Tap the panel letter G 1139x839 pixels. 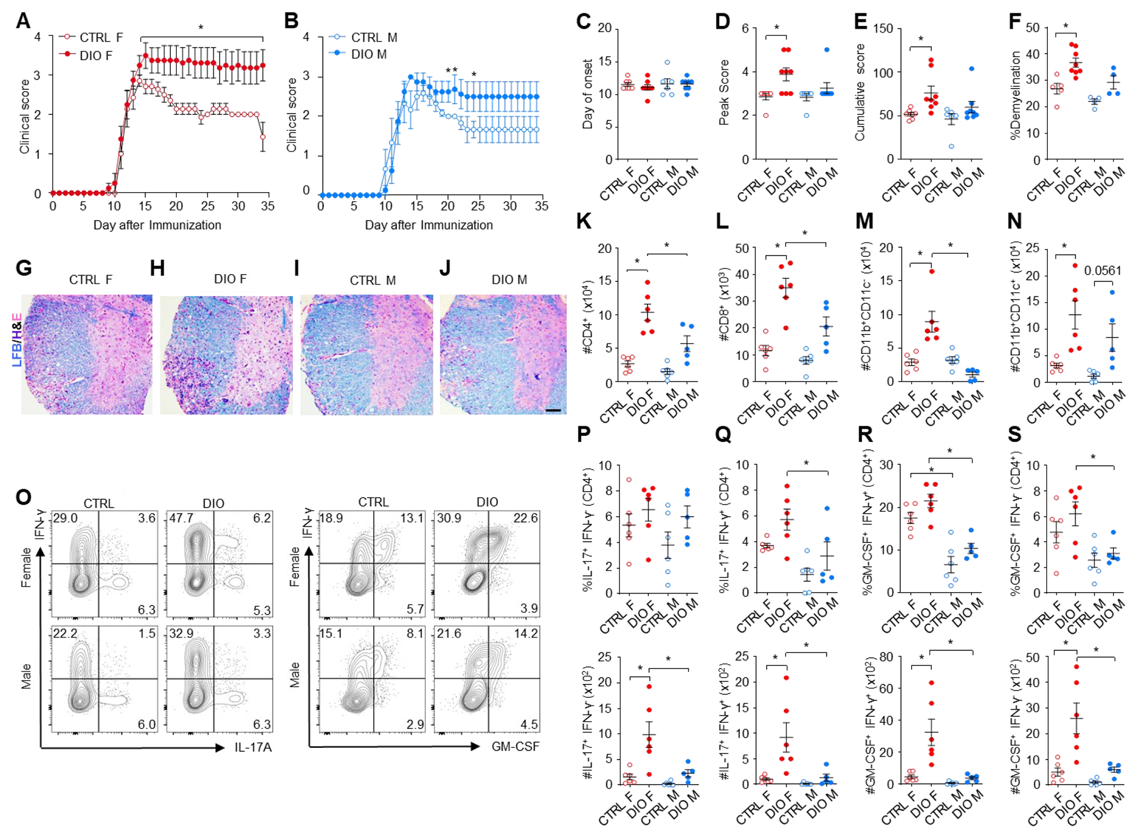[x=24, y=268]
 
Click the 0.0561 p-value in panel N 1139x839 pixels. [x=1102, y=270]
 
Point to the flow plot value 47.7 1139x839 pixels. [x=181, y=518]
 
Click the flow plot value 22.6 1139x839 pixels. [x=525, y=518]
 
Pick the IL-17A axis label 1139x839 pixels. [x=253, y=747]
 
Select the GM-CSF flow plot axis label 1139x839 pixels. [x=515, y=747]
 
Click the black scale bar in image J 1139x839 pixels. [x=553, y=410]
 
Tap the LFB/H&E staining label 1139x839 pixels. [x=17, y=340]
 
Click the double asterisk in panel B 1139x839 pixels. [x=451, y=71]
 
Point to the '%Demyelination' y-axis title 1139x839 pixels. [x=1016, y=96]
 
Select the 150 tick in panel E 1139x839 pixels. [x=883, y=28]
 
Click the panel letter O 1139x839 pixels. [x=23, y=497]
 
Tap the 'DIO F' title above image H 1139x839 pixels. [x=230, y=279]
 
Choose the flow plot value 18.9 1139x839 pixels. [x=330, y=518]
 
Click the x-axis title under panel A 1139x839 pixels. [x=157, y=225]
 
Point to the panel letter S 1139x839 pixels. [x=1014, y=434]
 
